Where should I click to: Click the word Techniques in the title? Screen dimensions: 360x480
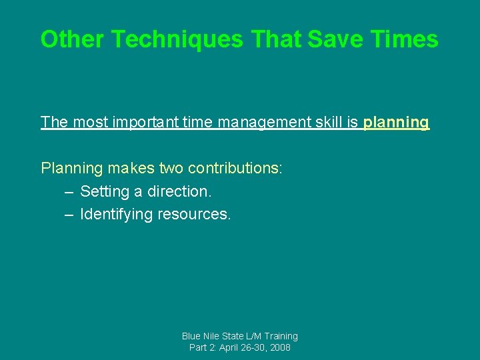(x=178, y=39)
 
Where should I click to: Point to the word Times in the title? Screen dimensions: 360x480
(x=407, y=39)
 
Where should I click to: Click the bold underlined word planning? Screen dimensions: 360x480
(x=396, y=123)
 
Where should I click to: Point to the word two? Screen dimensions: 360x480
(x=173, y=168)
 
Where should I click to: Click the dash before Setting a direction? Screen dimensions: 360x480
(x=69, y=192)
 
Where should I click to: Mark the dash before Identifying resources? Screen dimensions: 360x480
(x=69, y=215)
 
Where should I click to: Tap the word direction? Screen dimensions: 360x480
(x=179, y=191)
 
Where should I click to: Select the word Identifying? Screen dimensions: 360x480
(x=117, y=215)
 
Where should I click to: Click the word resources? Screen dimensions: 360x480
(x=194, y=215)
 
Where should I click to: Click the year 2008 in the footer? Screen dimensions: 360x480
(x=279, y=348)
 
